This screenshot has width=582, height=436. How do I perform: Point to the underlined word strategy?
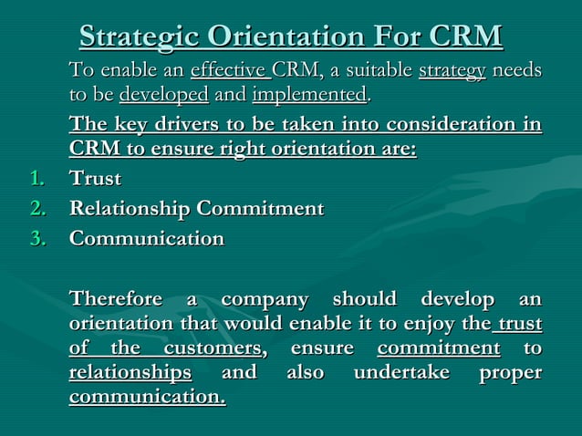(452, 71)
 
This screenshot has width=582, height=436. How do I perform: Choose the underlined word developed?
(164, 95)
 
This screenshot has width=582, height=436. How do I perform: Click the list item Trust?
(96, 179)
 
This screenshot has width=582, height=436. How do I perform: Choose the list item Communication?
(147, 239)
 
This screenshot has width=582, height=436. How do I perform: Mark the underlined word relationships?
(130, 373)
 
